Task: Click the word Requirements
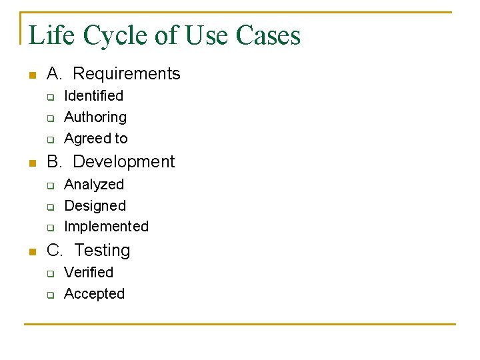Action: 127,73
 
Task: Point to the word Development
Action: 124,161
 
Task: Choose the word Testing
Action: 103,250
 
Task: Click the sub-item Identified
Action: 93,96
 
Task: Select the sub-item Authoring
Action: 95,117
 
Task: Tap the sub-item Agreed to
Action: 96,139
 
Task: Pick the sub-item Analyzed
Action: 94,184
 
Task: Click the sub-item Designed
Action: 95,205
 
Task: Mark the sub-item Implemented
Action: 106,227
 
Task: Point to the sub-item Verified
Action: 89,272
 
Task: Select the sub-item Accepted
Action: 94,293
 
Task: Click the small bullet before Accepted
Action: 49,294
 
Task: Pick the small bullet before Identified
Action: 49,97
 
